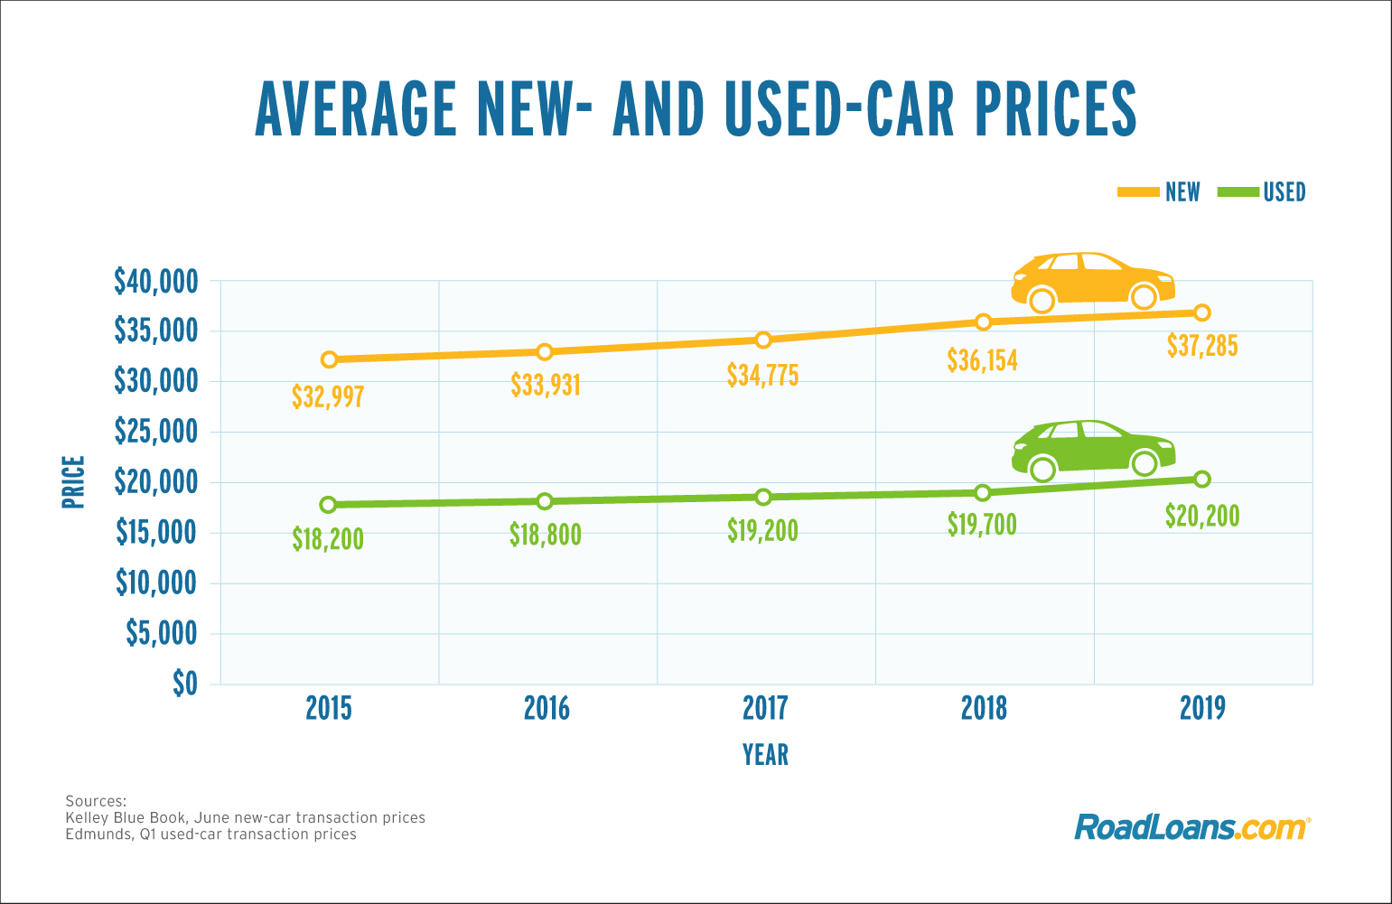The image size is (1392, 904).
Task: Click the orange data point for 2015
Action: click(x=329, y=359)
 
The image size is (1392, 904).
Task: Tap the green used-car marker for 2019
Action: click(x=1201, y=479)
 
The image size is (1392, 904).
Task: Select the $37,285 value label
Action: click(x=1201, y=345)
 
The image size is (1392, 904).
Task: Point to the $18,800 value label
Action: click(x=545, y=535)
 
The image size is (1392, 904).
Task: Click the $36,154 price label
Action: click(x=982, y=360)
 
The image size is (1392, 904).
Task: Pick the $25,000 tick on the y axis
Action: click(x=155, y=432)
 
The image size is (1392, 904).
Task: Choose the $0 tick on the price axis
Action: click(x=184, y=684)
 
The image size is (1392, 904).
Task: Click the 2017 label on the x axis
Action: click(x=764, y=708)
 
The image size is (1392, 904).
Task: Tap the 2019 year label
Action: click(x=1201, y=708)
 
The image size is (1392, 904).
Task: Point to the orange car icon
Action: click(x=1093, y=278)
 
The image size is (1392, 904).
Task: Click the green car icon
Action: click(x=1093, y=447)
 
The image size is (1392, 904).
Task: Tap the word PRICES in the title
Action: click(x=1056, y=109)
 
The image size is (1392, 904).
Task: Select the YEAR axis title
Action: click(x=765, y=755)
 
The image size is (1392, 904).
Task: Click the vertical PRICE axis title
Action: click(x=73, y=481)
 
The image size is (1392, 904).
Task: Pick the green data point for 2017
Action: click(x=763, y=497)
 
